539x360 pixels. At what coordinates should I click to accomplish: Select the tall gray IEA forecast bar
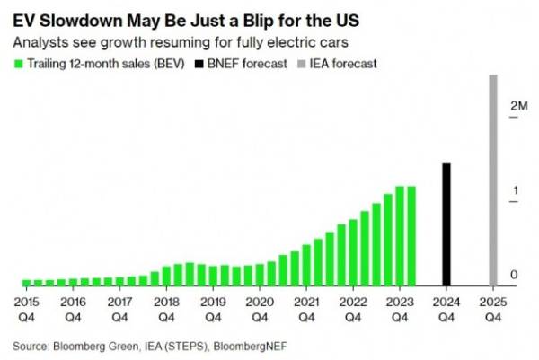click(x=492, y=180)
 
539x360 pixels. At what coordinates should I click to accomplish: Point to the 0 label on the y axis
click(x=514, y=274)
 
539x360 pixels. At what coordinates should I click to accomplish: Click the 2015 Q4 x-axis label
click(x=24, y=309)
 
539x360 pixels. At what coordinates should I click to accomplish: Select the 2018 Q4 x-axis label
click(x=165, y=309)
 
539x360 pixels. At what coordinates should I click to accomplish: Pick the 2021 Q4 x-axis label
click(x=306, y=309)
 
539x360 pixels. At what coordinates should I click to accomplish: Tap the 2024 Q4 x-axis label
click(x=445, y=309)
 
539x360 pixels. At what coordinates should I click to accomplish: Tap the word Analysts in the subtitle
click(x=38, y=41)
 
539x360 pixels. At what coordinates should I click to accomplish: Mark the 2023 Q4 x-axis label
click(x=400, y=309)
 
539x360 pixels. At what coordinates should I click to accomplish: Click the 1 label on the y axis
click(x=514, y=190)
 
